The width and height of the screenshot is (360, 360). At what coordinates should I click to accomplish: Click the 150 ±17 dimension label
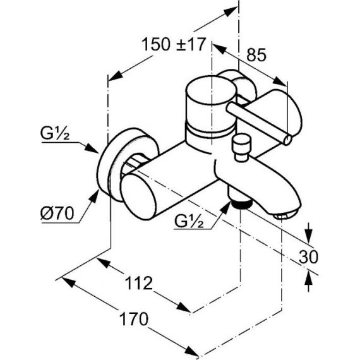pos(173,44)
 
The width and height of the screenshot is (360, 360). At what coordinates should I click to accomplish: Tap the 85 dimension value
pos(256,55)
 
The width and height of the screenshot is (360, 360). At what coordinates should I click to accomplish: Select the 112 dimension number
pos(139,283)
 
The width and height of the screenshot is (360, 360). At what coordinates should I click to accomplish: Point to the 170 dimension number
pos(135,319)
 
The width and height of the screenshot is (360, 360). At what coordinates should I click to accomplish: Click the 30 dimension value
pos(308,256)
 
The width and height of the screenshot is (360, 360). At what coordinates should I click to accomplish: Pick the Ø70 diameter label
pos(57,213)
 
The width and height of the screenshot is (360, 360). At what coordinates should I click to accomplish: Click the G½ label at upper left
pos(55,133)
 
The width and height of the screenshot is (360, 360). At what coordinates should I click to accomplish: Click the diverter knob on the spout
pos(241,147)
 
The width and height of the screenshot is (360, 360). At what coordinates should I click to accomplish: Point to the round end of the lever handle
pos(287,140)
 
